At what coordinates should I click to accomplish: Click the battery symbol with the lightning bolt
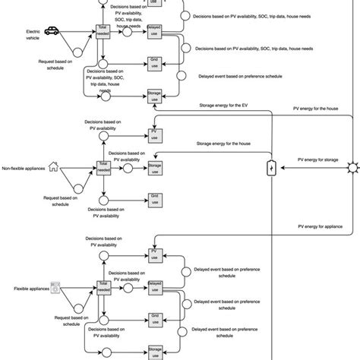271,168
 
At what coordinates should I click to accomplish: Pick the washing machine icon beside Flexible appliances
55,289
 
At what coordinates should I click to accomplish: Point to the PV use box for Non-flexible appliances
155,135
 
